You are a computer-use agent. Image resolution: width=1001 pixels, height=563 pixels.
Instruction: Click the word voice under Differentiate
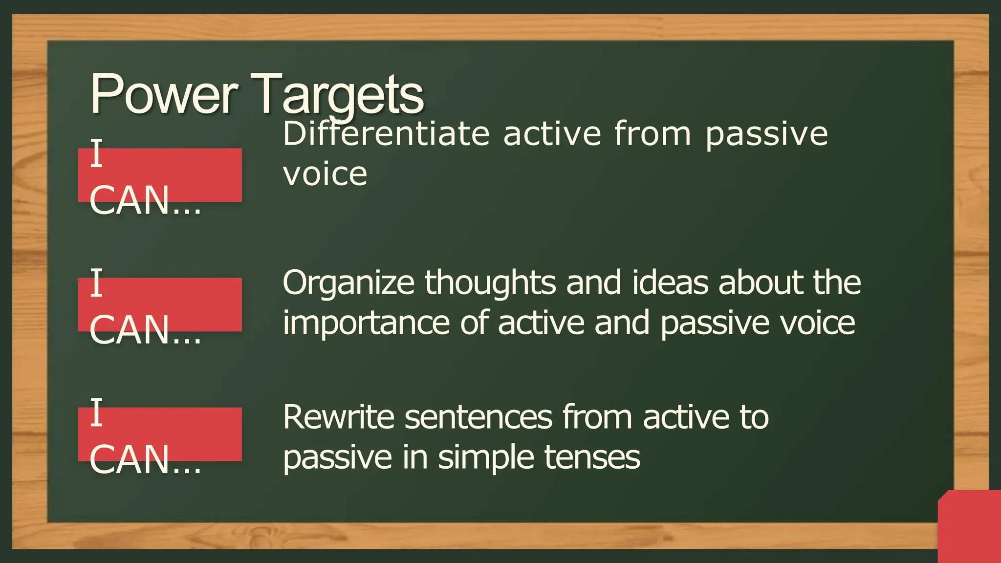[325, 174]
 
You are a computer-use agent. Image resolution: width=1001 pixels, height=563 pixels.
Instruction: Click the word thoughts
[490, 283]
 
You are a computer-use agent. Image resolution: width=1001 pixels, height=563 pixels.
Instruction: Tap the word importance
[366, 324]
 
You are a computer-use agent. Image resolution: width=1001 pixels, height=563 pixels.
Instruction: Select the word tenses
[592, 458]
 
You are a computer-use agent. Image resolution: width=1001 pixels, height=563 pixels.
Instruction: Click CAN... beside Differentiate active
[145, 201]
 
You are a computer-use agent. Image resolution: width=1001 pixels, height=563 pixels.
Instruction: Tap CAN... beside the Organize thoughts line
[145, 330]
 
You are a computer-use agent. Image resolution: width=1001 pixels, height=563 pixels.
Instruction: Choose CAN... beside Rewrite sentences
[145, 460]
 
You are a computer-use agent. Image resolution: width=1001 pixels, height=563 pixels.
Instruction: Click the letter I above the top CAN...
[97, 153]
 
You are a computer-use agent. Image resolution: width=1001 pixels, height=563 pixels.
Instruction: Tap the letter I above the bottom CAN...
[97, 412]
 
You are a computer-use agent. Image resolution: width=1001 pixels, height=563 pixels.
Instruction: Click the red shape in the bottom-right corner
[970, 528]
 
